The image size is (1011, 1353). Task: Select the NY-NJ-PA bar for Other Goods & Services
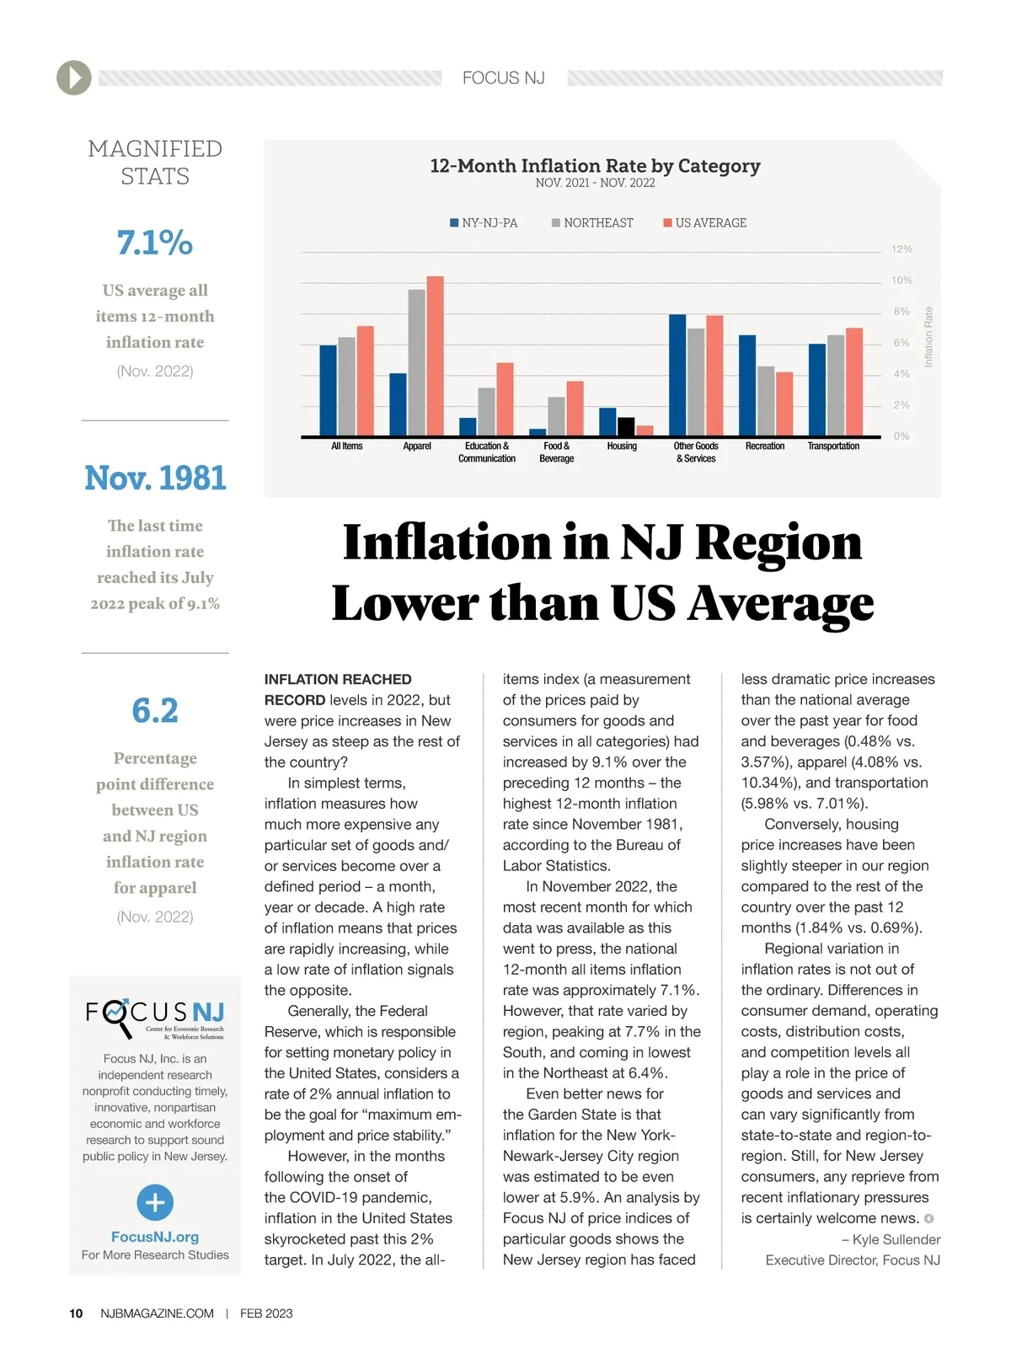pyautogui.click(x=677, y=375)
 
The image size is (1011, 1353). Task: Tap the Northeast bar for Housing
pyautogui.click(x=626, y=427)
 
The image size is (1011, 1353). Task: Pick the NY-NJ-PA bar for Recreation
pyautogui.click(x=747, y=386)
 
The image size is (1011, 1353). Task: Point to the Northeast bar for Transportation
pyautogui.click(x=836, y=386)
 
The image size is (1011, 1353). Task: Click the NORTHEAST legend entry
pyautogui.click(x=592, y=223)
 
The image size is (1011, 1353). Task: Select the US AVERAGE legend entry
pyautogui.click(x=705, y=223)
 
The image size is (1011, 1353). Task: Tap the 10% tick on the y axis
pyautogui.click(x=901, y=281)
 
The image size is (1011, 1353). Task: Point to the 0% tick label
pyautogui.click(x=901, y=436)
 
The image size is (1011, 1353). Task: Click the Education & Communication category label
pyautogui.click(x=487, y=452)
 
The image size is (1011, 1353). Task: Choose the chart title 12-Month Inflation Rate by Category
pyautogui.click(x=595, y=166)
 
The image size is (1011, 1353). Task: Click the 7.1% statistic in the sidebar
pyautogui.click(x=155, y=243)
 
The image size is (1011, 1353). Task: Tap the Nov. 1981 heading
pyautogui.click(x=155, y=479)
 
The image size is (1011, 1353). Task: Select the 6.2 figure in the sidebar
pyautogui.click(x=155, y=711)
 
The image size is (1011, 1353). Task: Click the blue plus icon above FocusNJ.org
pyautogui.click(x=155, y=1202)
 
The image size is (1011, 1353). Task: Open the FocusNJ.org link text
pyautogui.click(x=155, y=1237)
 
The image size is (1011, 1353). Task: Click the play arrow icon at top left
pyautogui.click(x=74, y=78)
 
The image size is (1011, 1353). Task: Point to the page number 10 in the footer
pyautogui.click(x=76, y=1313)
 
